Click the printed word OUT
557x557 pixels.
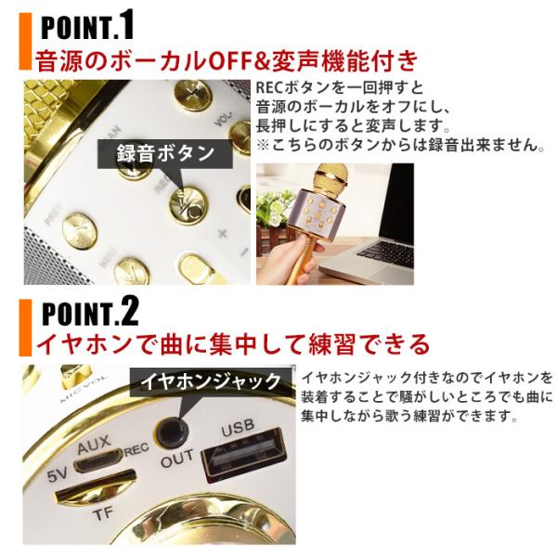coord(177,462)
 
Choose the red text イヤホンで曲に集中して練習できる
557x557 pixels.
coord(232,345)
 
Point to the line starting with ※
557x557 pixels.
coord(399,147)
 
